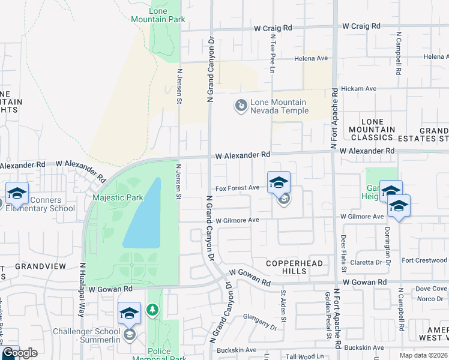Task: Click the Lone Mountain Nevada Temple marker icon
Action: [241, 106]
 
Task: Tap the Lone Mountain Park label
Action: [166, 15]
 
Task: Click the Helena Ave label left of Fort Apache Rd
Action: [311, 58]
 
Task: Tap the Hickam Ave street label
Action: [358, 88]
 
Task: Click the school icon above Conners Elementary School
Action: [17, 193]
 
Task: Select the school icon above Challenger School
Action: [130, 313]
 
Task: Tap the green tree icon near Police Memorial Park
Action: [153, 309]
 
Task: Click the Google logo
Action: [19, 353]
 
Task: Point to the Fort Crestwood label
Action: [424, 260]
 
